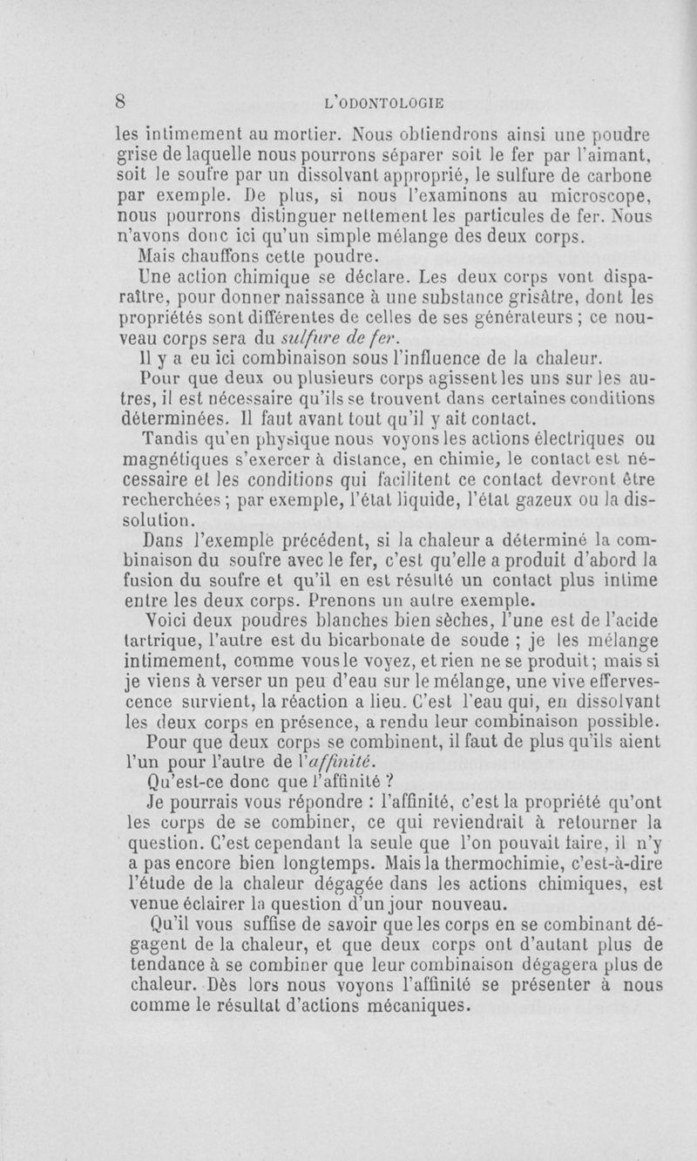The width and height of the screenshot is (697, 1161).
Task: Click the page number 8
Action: (x=124, y=100)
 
